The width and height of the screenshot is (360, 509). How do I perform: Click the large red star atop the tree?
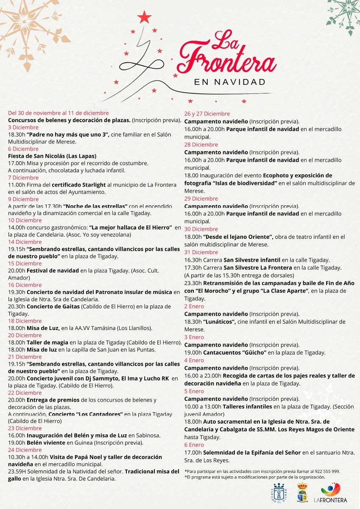145,17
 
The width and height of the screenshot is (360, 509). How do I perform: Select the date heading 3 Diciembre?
23,127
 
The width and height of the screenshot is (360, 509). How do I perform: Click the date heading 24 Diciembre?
25,450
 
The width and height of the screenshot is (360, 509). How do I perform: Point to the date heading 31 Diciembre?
201,252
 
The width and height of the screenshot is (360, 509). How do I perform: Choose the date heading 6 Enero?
194,445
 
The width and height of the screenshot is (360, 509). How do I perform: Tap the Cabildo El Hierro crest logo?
279,492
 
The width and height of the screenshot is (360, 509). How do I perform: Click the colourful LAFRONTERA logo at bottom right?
331,493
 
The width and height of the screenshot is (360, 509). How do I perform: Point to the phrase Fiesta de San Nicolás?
36,156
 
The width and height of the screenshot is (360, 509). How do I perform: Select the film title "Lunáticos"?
220,322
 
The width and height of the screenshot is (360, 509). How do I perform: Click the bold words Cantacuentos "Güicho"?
235,352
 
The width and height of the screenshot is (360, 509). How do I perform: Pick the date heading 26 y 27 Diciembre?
207,114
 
